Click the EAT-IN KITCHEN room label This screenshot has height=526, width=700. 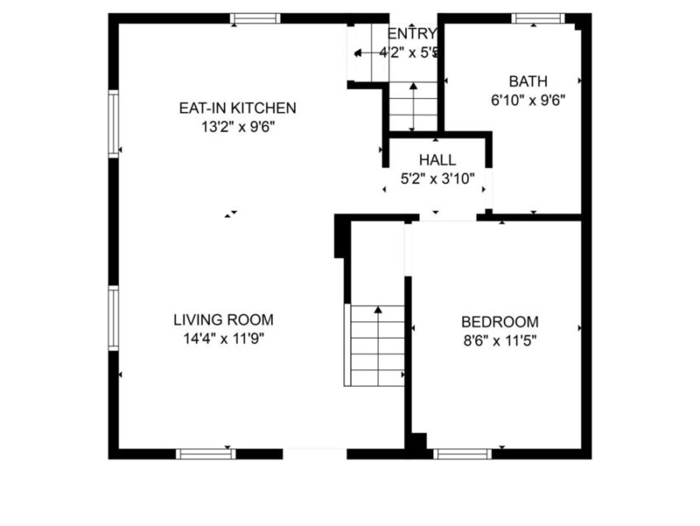238,108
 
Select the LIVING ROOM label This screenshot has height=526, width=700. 222,320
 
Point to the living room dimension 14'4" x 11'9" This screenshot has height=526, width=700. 222,338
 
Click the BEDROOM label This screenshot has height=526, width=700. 500,322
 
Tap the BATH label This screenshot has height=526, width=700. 528,81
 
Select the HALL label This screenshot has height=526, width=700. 436,160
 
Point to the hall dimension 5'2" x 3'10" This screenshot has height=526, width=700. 436,178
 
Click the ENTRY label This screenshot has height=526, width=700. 411,33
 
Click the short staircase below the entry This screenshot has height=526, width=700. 413,106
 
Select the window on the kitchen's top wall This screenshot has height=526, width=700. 254,18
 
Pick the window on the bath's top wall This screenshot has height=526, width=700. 538,18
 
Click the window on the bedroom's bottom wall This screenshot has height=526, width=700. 462,453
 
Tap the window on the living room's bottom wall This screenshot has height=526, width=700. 205,453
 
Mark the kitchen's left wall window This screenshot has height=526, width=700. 114,124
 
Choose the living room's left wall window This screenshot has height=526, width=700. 114,318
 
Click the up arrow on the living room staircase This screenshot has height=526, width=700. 378,311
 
